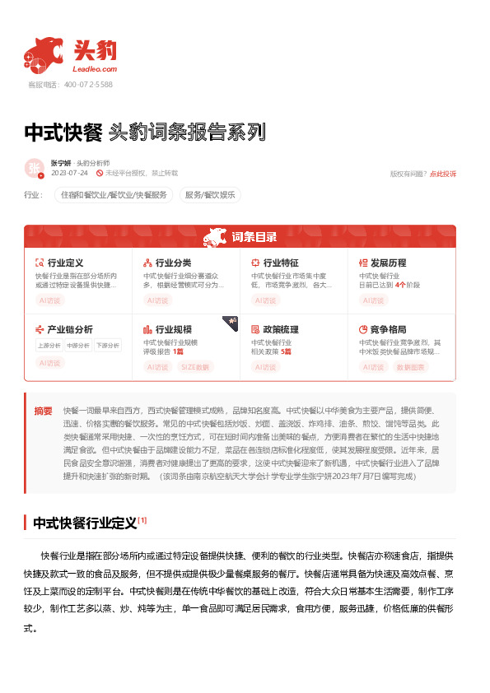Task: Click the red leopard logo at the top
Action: [44, 53]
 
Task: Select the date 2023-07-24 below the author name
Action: [69, 174]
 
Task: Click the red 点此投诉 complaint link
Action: [442, 174]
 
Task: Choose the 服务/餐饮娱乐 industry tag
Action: [209, 195]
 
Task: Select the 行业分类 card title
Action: [173, 263]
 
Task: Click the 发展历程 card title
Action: [388, 263]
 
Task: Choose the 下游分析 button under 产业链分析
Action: [107, 346]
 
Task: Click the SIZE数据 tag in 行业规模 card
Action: [196, 365]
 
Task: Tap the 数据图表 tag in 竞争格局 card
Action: [411, 365]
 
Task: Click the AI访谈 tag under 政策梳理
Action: [265, 365]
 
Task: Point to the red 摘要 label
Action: [43, 410]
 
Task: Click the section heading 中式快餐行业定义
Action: [84, 523]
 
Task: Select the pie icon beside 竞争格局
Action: [363, 329]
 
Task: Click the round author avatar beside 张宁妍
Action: [35, 169]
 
